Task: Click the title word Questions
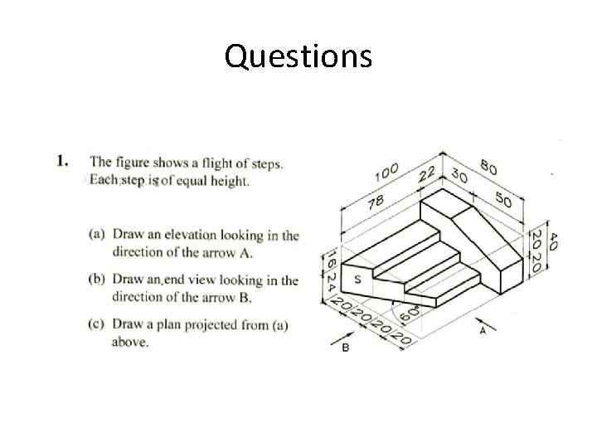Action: (298, 56)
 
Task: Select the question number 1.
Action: (61, 161)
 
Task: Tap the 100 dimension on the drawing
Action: (386, 173)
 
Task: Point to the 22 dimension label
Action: (428, 173)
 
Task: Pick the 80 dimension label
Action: (488, 168)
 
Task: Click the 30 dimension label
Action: (459, 176)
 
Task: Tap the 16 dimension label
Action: (329, 256)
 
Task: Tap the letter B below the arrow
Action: (345, 349)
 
